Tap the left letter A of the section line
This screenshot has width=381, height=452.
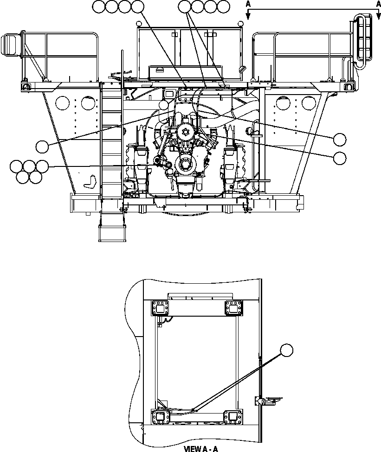point(249,4)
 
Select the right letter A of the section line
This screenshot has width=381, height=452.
point(378,4)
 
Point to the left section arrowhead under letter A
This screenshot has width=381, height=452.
point(249,16)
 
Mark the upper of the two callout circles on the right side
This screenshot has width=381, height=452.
point(340,139)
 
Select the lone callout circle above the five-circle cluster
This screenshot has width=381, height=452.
point(43,146)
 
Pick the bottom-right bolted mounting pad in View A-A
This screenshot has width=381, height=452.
point(233,417)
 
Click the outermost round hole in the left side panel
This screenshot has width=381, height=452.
point(62,102)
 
